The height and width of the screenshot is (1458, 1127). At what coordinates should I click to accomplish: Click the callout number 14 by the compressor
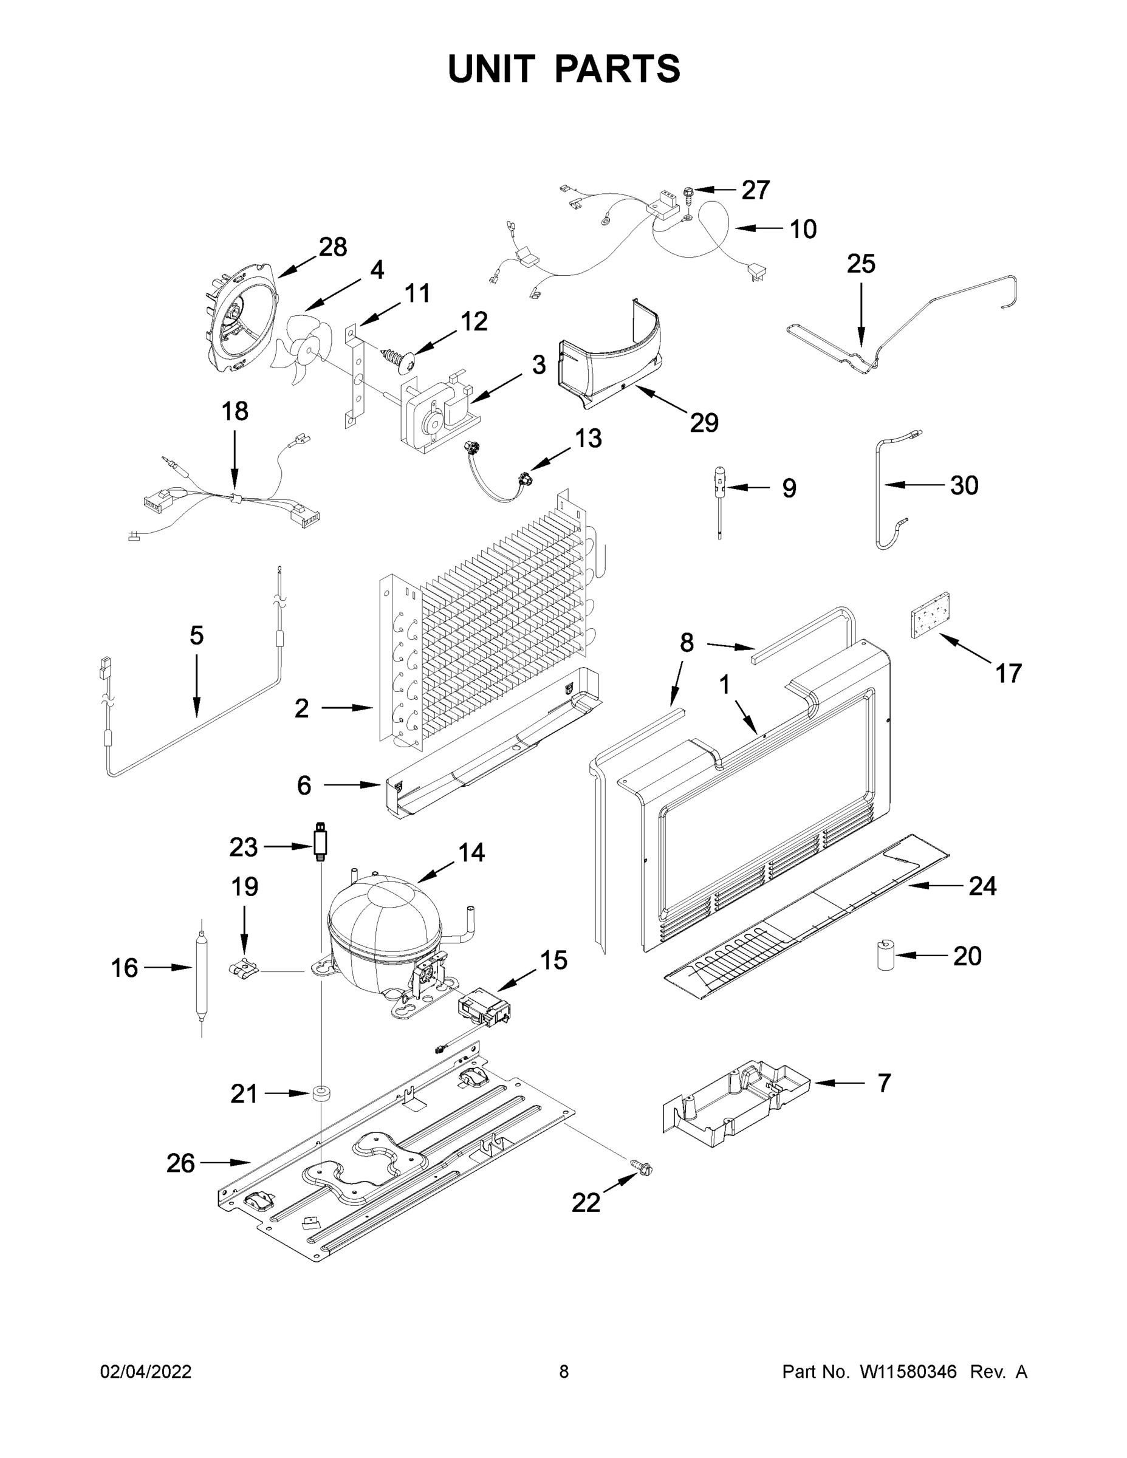pos(471,852)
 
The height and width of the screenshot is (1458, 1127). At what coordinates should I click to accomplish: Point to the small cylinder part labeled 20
pos(885,956)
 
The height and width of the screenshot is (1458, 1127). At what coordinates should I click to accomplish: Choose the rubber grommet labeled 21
pos(321,1093)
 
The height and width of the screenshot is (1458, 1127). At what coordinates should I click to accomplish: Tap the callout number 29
pos(704,423)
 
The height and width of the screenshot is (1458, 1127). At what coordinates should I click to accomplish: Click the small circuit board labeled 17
pos(931,615)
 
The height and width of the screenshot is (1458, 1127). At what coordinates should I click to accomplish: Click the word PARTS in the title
pos(618,69)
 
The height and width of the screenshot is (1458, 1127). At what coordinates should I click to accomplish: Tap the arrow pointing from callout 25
pos(861,313)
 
